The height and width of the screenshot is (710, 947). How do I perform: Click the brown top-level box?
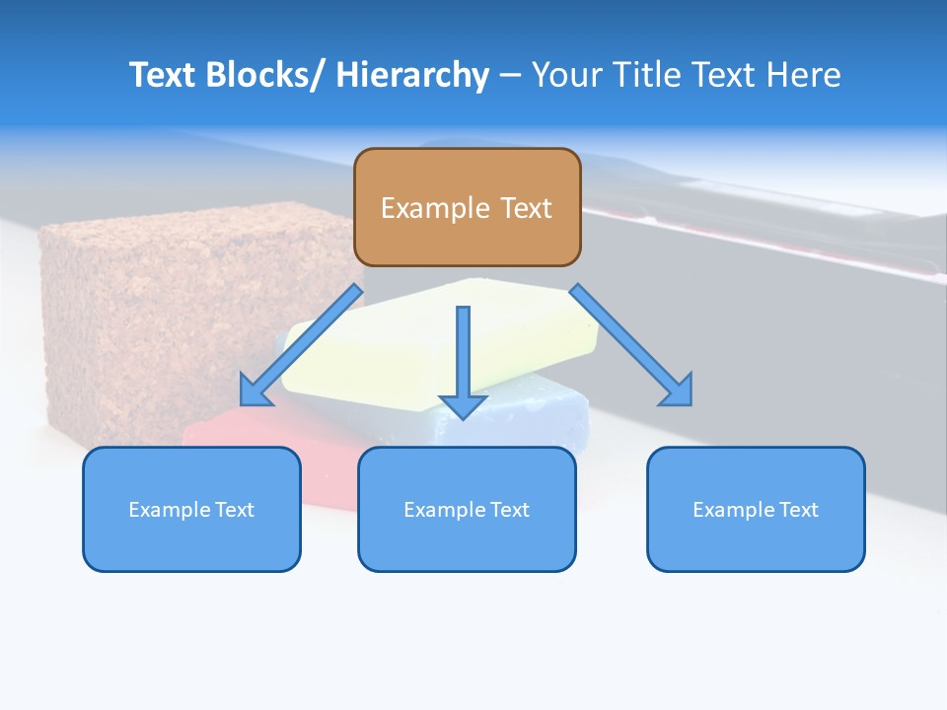coord(468,207)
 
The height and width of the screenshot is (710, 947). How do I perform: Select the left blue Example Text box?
coord(191,509)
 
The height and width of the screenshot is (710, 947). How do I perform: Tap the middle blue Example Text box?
coord(467,509)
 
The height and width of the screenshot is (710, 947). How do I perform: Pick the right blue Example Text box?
coord(756,509)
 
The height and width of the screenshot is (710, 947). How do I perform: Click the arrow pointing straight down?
coord(464,362)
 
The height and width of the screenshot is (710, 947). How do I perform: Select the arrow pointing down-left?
coord(301,345)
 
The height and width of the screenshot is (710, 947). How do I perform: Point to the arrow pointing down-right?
coord(631,345)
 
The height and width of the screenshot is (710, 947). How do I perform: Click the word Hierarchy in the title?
coord(412,75)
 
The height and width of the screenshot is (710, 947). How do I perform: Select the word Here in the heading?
coord(803,75)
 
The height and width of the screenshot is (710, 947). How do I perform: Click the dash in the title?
coord(510,77)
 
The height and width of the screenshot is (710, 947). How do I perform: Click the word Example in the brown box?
coord(435,208)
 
